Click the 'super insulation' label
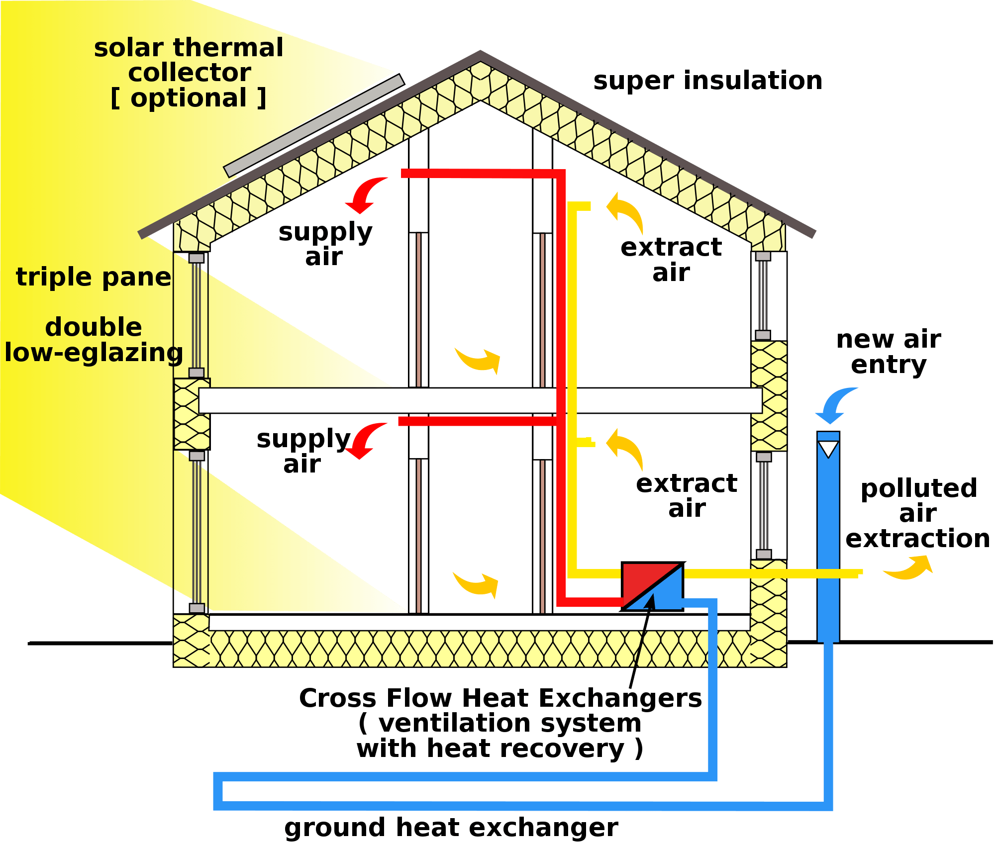(707, 81)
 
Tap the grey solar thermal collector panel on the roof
(314, 125)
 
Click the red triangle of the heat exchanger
(641, 579)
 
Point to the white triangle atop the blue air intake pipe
(828, 449)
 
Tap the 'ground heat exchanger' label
(451, 828)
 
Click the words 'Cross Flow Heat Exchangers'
(500, 698)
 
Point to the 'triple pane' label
(94, 277)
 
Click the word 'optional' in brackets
(189, 98)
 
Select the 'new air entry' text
(889, 352)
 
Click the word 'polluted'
(918, 488)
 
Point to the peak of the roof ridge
(480, 54)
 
